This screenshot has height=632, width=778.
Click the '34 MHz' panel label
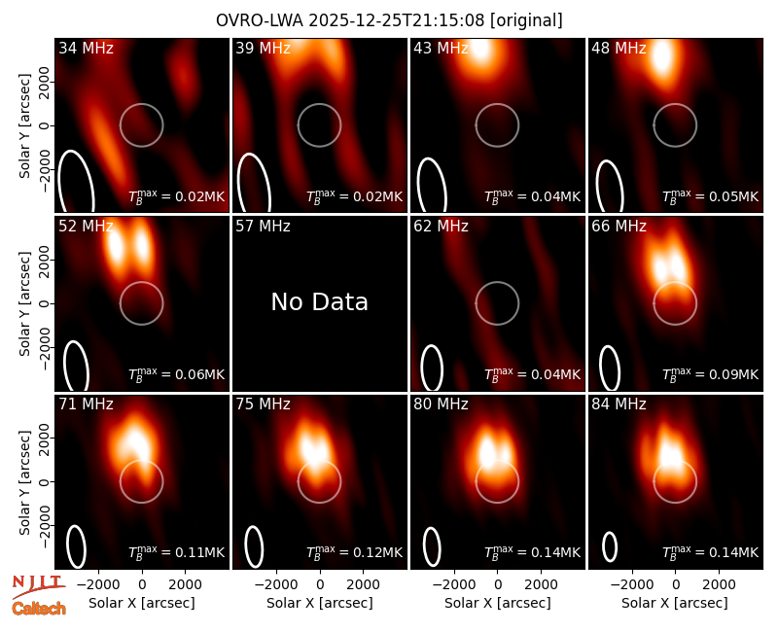click(86, 48)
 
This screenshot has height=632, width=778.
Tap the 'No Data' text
click(320, 301)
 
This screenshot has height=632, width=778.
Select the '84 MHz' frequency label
click(619, 404)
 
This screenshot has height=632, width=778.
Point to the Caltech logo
click(39, 609)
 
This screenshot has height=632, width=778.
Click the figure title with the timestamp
click(389, 20)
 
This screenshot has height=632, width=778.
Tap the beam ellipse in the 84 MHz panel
click(610, 546)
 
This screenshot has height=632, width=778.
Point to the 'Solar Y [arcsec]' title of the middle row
click(24, 303)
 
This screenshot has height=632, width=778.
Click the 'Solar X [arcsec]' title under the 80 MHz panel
click(498, 603)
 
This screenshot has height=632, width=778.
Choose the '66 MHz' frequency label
click(619, 227)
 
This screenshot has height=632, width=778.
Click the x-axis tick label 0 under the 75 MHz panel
click(320, 585)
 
